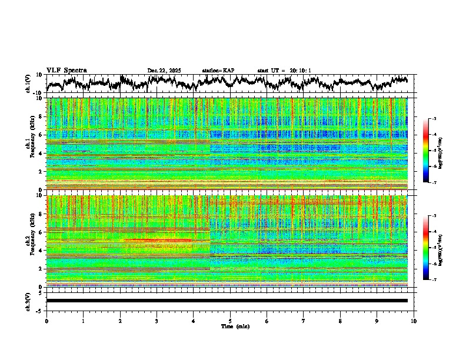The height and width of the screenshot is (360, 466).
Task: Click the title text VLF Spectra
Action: pyautogui.click(x=66, y=70)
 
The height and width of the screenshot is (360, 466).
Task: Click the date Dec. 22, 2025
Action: pyautogui.click(x=164, y=71)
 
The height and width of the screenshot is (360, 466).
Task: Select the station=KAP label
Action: pyautogui.click(x=218, y=71)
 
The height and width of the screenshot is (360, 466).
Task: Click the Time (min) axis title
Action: pyautogui.click(x=235, y=326)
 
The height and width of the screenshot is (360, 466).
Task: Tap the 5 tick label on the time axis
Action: pyautogui.click(x=230, y=321)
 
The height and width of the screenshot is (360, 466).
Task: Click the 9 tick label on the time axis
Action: pyautogui.click(x=377, y=321)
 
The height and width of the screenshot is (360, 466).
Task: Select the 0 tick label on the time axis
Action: pyautogui.click(x=46, y=321)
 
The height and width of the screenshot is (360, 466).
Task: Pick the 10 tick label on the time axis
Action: pyautogui.click(x=414, y=321)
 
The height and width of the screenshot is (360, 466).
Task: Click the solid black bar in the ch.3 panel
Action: pyautogui.click(x=227, y=301)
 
